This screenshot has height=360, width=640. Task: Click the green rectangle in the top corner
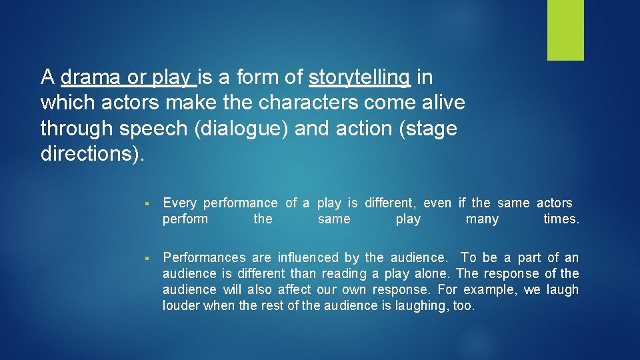[x=565, y=30]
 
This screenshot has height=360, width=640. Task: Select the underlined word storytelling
[x=360, y=77]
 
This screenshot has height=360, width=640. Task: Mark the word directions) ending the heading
[x=91, y=153]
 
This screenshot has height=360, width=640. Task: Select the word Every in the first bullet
[x=179, y=203]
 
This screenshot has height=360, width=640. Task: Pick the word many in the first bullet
[x=482, y=219]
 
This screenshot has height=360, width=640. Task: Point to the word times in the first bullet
[x=560, y=219]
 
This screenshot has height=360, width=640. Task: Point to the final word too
[x=463, y=306]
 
